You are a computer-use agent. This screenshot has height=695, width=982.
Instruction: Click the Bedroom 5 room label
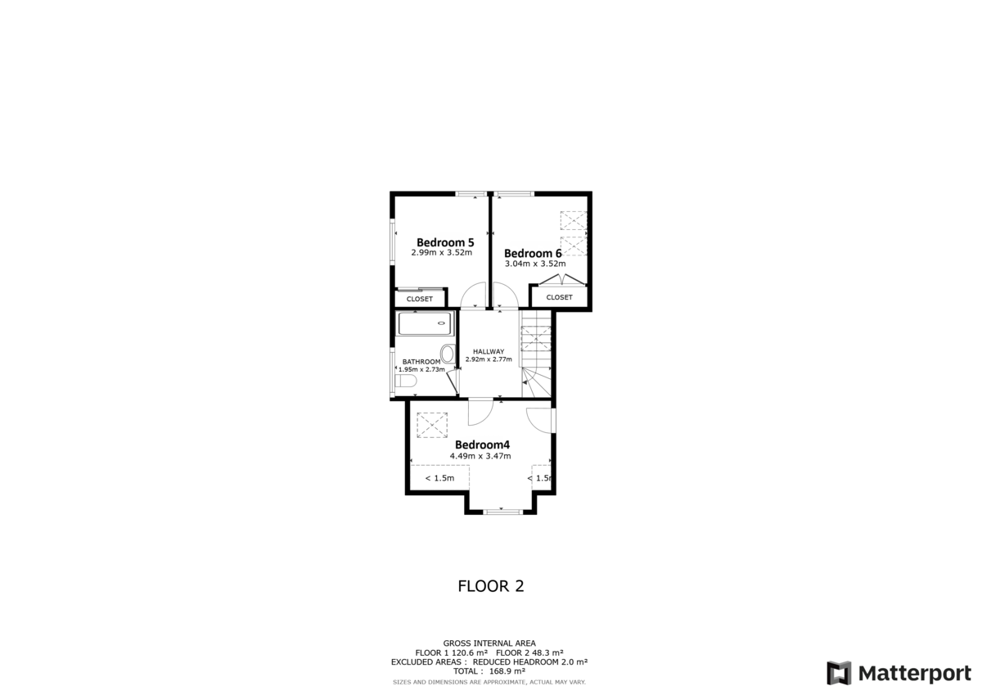(x=445, y=242)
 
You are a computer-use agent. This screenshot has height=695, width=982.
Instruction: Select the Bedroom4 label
(x=482, y=445)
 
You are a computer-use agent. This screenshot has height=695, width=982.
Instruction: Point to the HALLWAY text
(x=488, y=351)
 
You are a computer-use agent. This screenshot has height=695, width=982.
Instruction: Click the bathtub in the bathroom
(x=425, y=323)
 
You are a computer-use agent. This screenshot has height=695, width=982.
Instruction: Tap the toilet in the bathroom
(x=406, y=381)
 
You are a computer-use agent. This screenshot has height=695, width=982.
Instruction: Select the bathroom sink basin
(x=447, y=354)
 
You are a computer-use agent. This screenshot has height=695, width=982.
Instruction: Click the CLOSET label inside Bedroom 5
(x=420, y=299)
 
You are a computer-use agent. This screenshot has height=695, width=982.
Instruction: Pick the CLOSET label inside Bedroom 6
(x=559, y=297)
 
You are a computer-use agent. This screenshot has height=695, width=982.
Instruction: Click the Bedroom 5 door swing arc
(x=473, y=295)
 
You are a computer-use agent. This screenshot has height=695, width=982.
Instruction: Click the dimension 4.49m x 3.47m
(x=480, y=456)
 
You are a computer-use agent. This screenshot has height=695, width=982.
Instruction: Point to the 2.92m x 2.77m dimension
(x=488, y=359)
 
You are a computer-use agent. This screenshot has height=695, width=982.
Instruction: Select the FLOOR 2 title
(x=490, y=586)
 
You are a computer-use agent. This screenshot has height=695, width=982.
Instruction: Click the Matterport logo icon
(x=839, y=673)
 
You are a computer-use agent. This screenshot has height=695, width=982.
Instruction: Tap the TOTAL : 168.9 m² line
(x=489, y=670)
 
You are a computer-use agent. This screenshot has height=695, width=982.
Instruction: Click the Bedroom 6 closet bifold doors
(x=561, y=280)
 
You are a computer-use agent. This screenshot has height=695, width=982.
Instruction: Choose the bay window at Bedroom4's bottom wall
(x=502, y=512)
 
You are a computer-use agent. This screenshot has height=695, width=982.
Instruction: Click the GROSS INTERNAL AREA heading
(x=489, y=643)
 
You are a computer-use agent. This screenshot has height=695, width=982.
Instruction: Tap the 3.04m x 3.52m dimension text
(x=535, y=264)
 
